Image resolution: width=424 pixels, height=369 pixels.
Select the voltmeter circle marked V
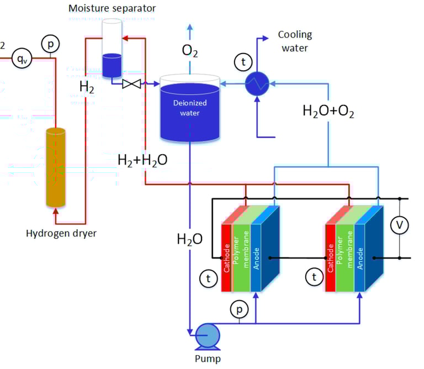399,225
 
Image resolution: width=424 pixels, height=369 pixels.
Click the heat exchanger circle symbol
257,84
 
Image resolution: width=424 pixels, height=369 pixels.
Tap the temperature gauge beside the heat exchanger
242,62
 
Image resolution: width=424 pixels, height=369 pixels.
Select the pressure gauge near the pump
239,310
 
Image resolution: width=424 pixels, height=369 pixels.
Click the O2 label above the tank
189,52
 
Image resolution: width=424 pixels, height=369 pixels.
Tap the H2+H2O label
142,160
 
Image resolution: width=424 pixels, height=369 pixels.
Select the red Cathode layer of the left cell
226,257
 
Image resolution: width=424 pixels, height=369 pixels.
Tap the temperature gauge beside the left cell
208,279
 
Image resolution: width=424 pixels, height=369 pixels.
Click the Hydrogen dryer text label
61,233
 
